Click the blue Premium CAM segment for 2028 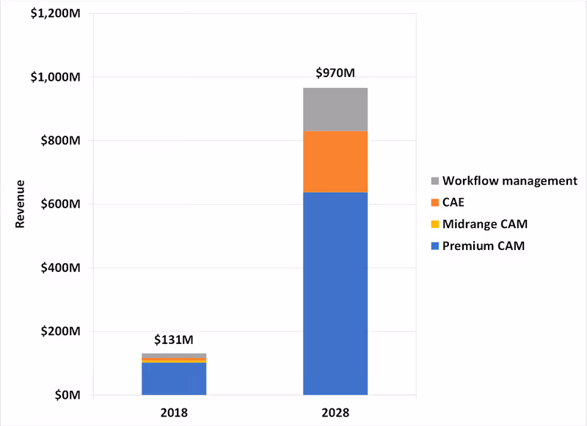(335, 293)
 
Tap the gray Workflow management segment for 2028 (335, 109)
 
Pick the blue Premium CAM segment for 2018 (174, 379)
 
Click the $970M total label (335, 73)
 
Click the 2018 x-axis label (174, 412)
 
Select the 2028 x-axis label (335, 412)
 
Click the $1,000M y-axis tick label (56, 77)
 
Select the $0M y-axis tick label (67, 395)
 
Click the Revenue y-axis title (21, 204)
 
